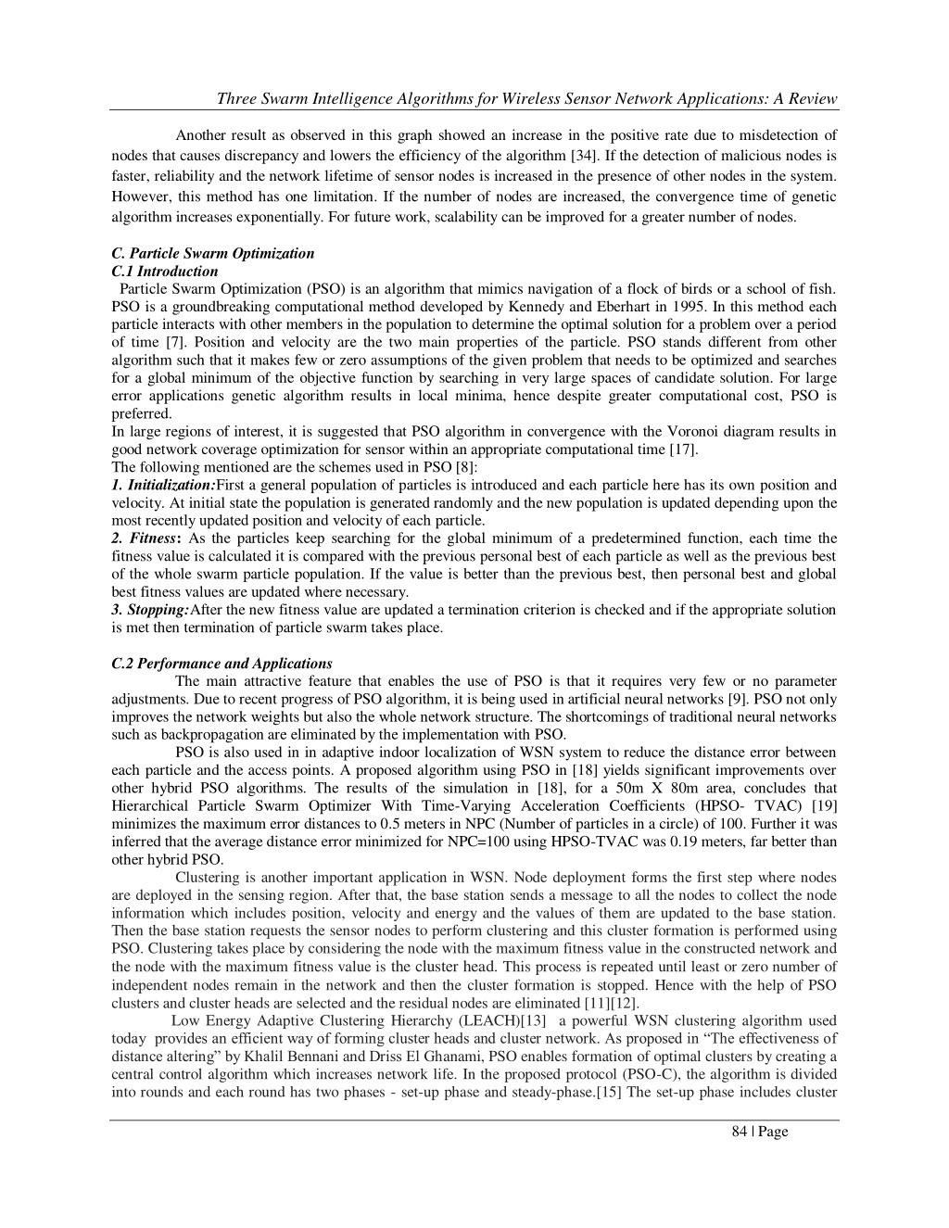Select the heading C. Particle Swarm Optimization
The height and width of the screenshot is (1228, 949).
coord(212,253)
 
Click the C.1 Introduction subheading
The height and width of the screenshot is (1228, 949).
coord(164,272)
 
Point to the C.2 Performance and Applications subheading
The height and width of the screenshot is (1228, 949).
coord(221,664)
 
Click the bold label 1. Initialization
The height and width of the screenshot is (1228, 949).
coord(163,485)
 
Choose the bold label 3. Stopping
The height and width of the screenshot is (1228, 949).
coord(150,610)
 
